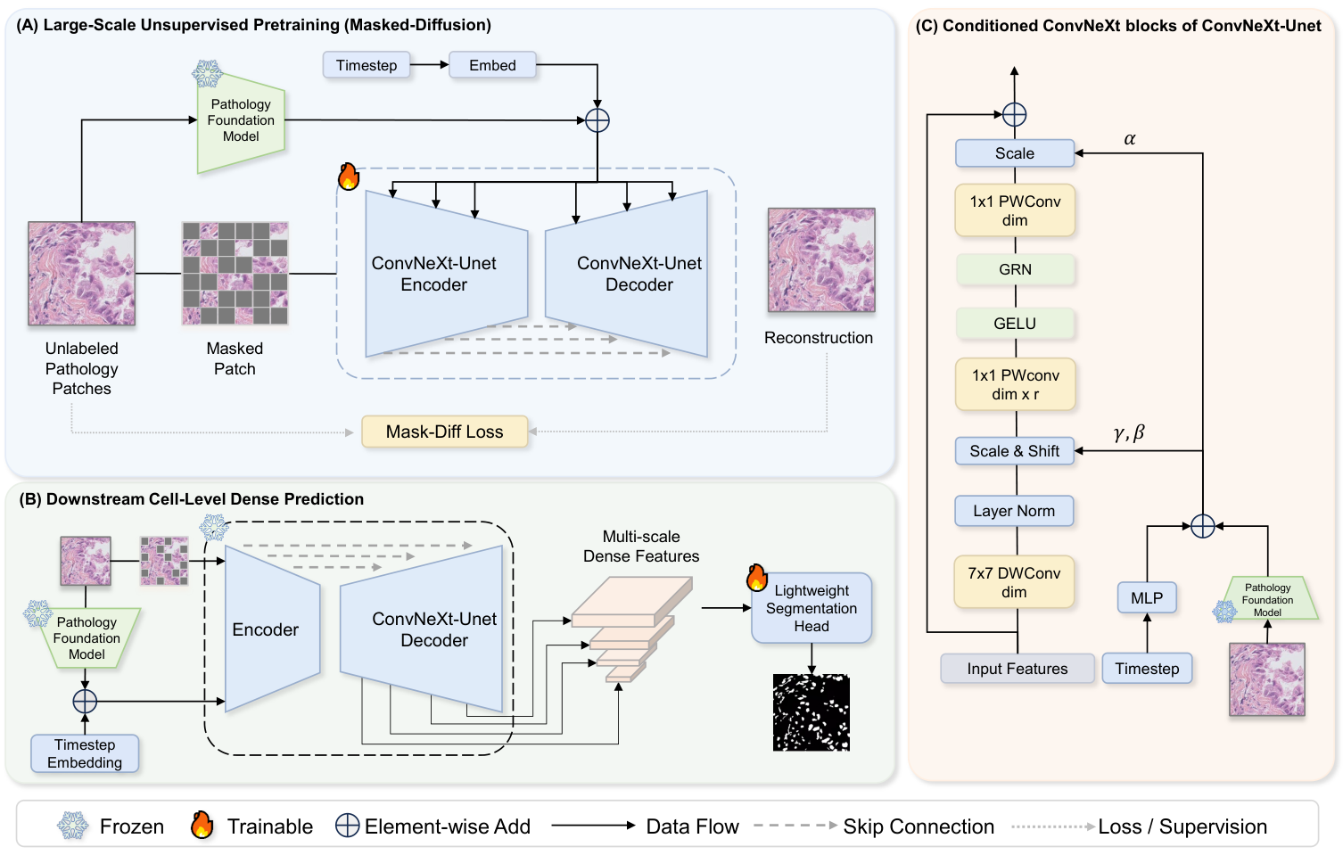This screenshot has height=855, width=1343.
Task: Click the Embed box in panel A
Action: point(492,65)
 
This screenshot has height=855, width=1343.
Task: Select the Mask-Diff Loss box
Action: point(444,432)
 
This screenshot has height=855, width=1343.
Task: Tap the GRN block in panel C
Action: point(1015,269)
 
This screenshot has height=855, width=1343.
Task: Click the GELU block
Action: point(1015,323)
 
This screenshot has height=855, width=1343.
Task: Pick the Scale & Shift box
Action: point(1015,451)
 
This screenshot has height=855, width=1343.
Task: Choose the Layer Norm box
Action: point(1014,511)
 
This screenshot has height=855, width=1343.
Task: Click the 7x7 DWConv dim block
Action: point(1014,582)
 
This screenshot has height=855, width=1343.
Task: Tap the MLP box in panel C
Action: point(1146,597)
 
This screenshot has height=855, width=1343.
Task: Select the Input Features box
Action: point(1017,669)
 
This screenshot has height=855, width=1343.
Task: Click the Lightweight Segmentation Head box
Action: point(812,608)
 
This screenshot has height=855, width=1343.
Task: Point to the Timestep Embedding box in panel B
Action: point(85,753)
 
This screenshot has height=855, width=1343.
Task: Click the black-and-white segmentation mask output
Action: point(812,713)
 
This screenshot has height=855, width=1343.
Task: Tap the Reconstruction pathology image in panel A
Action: point(821,259)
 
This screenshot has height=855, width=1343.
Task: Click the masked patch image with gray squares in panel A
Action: point(235,274)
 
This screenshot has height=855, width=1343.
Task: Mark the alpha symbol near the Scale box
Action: point(1130,139)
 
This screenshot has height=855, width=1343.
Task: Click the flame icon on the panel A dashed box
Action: point(349,177)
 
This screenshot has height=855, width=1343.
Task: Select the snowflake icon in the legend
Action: point(72,826)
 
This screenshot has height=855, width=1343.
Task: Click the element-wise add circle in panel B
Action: point(85,702)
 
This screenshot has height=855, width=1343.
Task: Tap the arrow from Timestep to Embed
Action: point(429,65)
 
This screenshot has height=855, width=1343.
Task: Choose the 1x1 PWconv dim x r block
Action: point(1015,384)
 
